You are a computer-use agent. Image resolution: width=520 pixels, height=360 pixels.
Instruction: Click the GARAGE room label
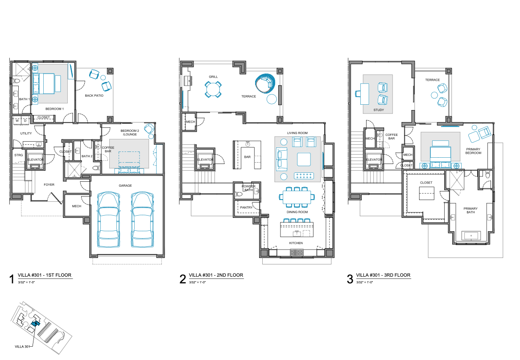coord(125,185)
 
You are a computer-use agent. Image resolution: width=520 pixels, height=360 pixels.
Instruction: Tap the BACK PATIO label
coord(94,95)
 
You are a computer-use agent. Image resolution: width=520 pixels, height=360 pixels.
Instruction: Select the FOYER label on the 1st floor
coord(49,184)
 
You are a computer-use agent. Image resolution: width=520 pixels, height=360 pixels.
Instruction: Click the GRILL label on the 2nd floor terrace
coord(213,77)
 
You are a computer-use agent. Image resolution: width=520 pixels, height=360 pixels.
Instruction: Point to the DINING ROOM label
coord(297,212)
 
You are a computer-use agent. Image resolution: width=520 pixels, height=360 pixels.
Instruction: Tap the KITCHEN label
coord(296,243)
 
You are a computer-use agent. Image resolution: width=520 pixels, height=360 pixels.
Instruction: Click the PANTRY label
coord(247,207)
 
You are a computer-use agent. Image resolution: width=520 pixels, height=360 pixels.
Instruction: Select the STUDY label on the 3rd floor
coord(379,110)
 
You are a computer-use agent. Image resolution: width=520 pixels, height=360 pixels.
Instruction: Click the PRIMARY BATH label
coord(470,210)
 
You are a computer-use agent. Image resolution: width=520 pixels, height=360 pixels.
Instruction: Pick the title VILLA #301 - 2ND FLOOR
coord(216,275)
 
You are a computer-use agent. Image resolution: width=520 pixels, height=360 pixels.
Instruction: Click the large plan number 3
coord(350,279)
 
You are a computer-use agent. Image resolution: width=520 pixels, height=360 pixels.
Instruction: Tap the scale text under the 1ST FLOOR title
coord(26,282)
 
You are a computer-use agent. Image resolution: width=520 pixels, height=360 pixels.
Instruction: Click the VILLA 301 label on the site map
coord(22,347)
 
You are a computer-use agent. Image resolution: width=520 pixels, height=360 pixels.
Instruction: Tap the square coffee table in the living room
coord(304,160)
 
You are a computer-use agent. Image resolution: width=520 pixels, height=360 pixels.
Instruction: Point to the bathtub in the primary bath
coord(471,236)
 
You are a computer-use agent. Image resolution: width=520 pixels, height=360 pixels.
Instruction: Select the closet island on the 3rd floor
coord(426,193)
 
